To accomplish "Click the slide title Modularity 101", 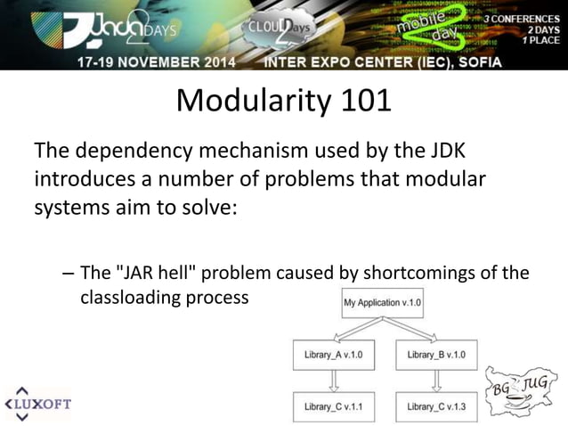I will click(283, 101).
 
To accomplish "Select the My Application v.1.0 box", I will click(382, 303).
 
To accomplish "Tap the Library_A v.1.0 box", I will click(334, 355).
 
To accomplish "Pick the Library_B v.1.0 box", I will click(437, 355).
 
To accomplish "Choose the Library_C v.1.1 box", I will click(334, 406).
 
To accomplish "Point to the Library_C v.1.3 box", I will click(437, 406).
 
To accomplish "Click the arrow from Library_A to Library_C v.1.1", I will click(335, 381).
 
